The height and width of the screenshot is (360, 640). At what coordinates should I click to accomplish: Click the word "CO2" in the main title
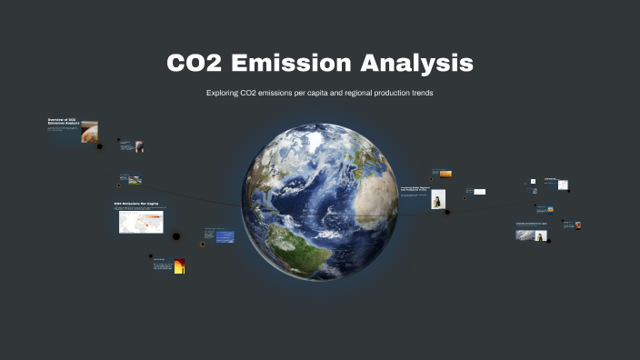[x=194, y=64]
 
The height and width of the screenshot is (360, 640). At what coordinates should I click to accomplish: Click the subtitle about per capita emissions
[x=320, y=95]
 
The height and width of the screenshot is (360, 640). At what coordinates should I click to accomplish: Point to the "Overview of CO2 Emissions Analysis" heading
[x=63, y=122]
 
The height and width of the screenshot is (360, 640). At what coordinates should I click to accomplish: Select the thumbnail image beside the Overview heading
[x=89, y=132]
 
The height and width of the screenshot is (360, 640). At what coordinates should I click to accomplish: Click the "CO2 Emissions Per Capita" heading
[x=136, y=204]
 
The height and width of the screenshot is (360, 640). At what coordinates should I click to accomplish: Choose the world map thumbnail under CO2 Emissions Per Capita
[x=141, y=223]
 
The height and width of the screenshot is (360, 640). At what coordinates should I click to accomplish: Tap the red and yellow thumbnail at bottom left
[x=180, y=265]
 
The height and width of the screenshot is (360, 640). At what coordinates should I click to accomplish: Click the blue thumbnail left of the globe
[x=225, y=236]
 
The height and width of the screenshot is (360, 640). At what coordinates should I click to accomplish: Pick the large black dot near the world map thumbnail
[x=176, y=236]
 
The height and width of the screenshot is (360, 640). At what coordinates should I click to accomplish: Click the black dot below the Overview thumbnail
[x=99, y=146]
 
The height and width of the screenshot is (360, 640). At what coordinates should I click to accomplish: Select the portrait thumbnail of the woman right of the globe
[x=438, y=199]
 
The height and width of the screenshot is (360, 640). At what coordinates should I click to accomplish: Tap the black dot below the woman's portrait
[x=446, y=213]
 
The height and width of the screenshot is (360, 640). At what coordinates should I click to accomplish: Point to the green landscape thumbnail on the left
[x=135, y=180]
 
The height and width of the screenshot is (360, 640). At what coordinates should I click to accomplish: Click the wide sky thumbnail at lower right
[x=525, y=235]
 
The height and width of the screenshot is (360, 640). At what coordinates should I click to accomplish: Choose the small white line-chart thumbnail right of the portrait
[x=479, y=192]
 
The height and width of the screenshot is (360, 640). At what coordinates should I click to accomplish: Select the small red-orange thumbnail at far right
[x=577, y=225]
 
